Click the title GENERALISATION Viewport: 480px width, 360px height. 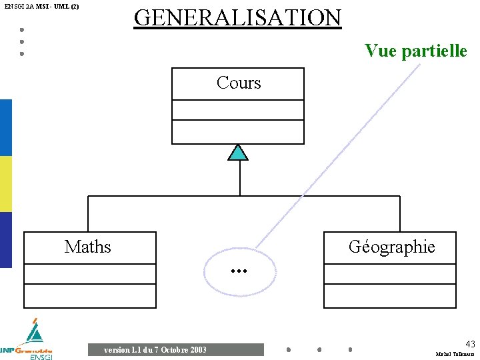pos(237,17)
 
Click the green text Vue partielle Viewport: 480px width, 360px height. pos(415,51)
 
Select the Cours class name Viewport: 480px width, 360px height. pos(238,83)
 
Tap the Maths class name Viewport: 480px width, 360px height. pos(88,247)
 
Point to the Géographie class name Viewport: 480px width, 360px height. pos(391,247)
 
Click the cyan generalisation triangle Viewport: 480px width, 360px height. pos(238,153)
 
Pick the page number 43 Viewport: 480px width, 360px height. pos(470,344)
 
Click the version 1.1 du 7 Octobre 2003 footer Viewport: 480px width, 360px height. pos(155,350)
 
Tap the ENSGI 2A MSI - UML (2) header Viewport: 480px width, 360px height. pos(41,7)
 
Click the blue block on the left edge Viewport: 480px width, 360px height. pos(5,127)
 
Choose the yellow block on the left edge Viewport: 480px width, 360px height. pos(5,184)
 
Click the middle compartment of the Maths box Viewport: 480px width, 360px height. pos(90,273)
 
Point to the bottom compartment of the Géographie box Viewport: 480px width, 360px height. pos(390,295)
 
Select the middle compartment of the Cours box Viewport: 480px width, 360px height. pos(238,109)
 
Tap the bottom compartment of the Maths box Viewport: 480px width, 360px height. pos(90,295)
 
